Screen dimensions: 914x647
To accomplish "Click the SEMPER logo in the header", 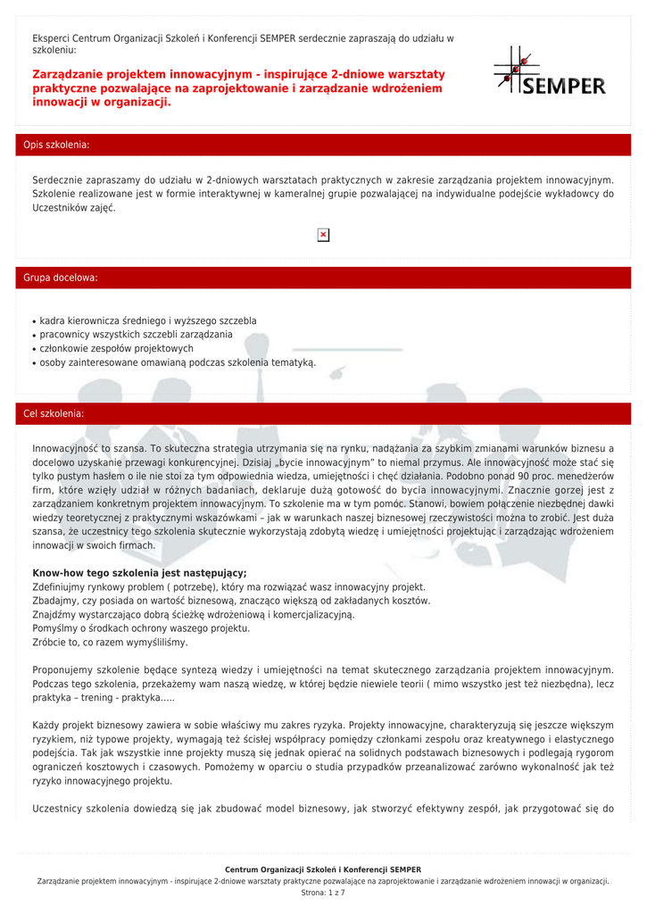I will pos(550,71).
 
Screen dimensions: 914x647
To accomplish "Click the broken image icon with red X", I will pos(323,235).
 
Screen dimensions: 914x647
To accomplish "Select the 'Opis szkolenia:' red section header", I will pos(57,145).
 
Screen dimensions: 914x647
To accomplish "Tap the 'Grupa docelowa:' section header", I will pos(61,278).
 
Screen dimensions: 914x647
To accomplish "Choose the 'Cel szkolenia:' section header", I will pos(54,414).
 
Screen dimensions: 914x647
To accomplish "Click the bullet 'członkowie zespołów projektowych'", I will pos(117,348).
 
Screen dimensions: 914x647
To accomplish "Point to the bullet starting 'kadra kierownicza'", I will pos(148,320).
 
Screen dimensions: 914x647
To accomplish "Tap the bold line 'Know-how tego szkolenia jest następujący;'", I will pos(139,573).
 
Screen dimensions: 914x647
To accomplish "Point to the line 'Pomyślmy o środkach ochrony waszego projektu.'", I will pos(141,628).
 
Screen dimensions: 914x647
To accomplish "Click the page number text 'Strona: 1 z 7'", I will pos(323,892).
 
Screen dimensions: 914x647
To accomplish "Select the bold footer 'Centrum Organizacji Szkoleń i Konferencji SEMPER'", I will pos(323,869).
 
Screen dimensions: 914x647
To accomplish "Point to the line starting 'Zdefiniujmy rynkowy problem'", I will pos(228,587).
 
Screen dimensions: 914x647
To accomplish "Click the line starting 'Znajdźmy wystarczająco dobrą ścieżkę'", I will pos(193,615).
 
